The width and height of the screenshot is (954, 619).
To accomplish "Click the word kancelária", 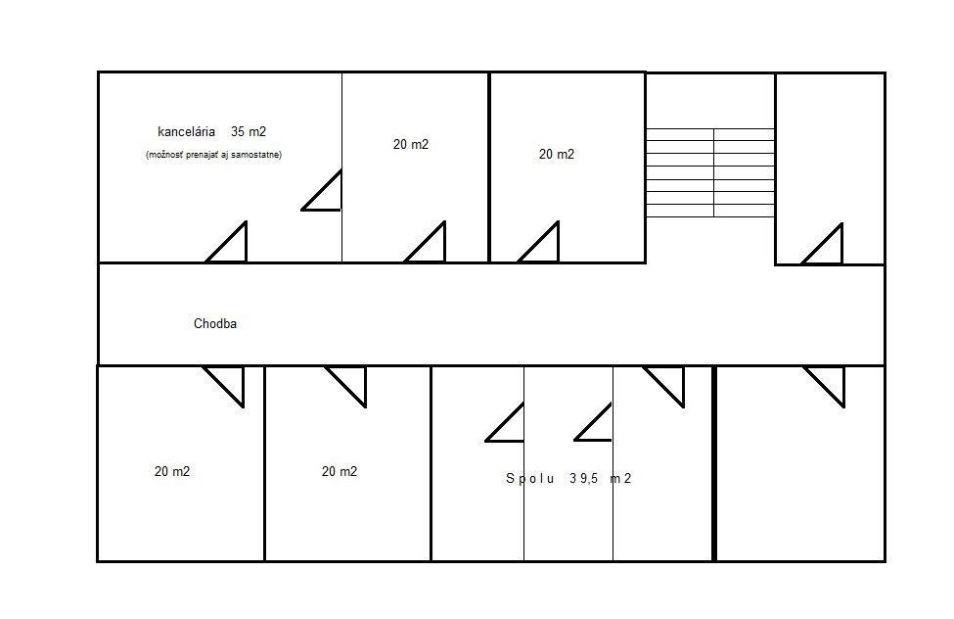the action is (186, 131).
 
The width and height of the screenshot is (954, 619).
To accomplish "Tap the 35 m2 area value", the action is (249, 131).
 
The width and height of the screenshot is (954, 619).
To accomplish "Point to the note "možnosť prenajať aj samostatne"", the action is (213, 155).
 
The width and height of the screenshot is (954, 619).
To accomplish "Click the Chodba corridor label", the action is (214, 323).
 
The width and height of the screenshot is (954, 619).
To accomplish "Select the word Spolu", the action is (530, 479).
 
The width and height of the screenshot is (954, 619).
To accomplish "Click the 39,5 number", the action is (584, 479).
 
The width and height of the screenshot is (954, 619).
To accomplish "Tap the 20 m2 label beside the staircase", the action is (556, 154).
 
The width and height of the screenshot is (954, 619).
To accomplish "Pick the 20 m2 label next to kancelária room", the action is (411, 144).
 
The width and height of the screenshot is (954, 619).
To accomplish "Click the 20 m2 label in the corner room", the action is (172, 471).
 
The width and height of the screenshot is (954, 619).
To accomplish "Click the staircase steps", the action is (710, 172).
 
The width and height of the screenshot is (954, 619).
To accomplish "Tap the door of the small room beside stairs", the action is (823, 244).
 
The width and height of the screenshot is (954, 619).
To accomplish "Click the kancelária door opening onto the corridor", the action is (227, 242).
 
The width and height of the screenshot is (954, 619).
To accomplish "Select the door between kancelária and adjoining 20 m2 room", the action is (321, 190).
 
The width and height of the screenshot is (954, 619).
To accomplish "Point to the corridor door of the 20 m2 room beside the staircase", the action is (538, 242).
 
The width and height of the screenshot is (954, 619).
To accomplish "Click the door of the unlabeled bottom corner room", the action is (825, 386).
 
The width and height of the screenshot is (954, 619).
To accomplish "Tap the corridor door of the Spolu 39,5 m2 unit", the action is (663, 386).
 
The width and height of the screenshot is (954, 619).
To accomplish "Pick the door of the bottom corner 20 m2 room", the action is (223, 386).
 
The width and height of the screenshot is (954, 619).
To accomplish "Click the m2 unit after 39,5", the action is (620, 479).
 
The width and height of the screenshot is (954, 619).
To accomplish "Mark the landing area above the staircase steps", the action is (710, 101).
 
